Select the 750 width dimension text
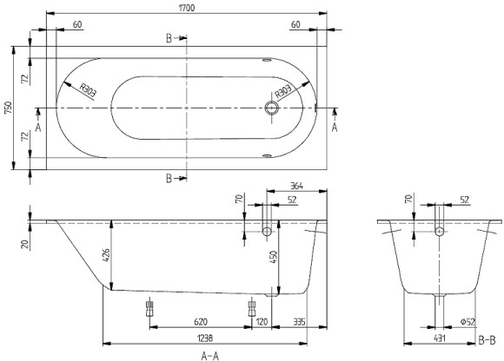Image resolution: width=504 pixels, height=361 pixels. (x=9, y=108)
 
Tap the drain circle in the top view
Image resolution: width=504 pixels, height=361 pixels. (x=273, y=108)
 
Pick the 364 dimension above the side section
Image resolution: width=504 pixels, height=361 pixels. (x=295, y=186)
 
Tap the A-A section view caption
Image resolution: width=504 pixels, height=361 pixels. (x=210, y=354)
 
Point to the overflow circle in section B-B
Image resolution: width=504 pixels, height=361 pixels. (x=439, y=231)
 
